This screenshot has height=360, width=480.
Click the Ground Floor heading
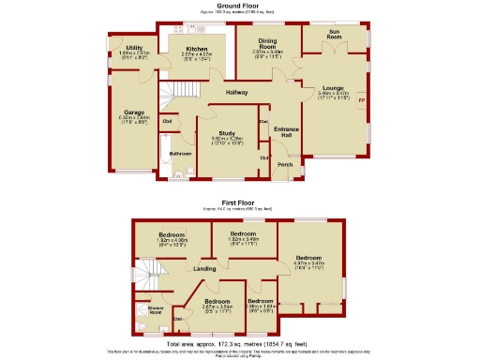click(239, 5)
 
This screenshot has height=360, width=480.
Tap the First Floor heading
click(239, 202)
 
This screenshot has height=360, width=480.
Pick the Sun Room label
click(334, 33)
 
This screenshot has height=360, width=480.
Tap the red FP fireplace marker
click(362, 100)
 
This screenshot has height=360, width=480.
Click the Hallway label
click(236, 92)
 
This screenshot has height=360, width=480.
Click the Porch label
click(284, 165)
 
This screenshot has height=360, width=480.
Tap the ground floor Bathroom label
click(180, 154)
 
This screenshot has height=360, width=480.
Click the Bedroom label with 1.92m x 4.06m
click(172, 234)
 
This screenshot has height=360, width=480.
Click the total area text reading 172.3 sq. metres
click(239, 344)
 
